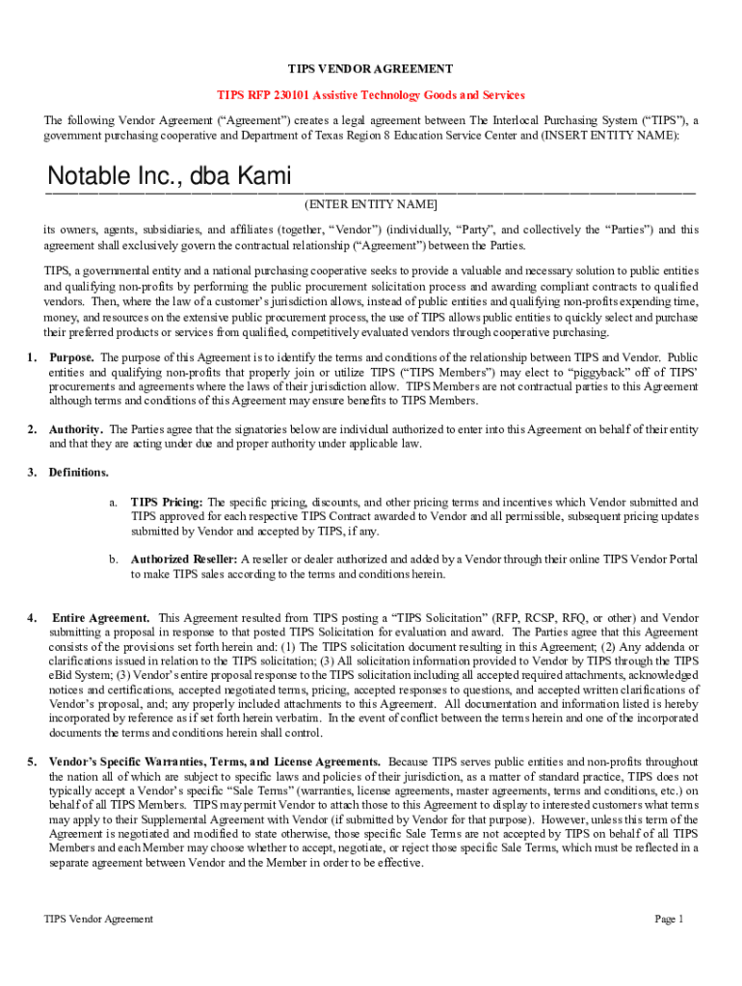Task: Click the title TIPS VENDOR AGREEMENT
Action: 371,69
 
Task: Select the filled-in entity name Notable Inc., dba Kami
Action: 170,177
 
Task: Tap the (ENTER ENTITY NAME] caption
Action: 371,205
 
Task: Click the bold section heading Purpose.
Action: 71,357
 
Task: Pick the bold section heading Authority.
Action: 76,429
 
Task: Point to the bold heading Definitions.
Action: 79,473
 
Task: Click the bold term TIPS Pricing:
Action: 167,503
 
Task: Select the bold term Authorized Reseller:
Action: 184,559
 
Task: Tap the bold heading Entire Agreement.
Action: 100,617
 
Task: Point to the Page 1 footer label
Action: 669,920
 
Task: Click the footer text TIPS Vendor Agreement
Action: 98,920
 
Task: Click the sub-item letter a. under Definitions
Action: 113,503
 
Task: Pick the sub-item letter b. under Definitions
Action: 113,559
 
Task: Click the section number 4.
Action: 33,617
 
